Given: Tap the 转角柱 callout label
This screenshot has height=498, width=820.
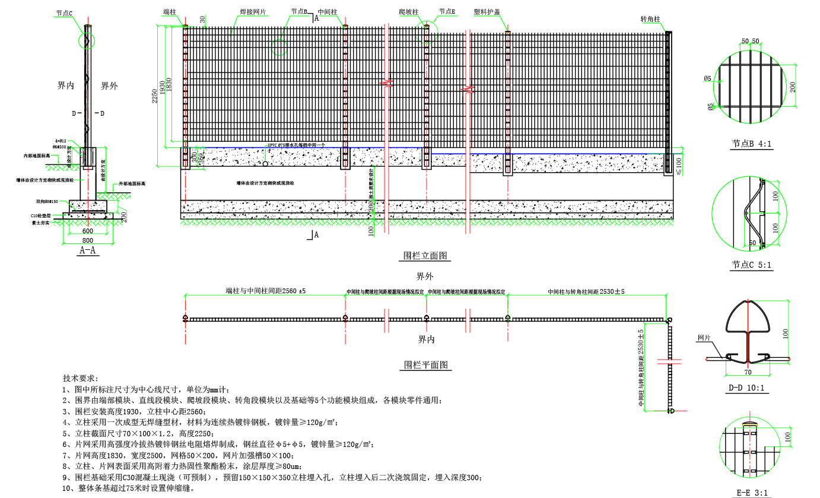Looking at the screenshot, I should (x=650, y=20).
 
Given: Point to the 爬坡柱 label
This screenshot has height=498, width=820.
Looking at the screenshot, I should (x=409, y=11).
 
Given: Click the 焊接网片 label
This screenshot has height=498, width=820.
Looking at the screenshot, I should (x=253, y=11).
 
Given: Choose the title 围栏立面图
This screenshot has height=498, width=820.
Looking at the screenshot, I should (x=425, y=256).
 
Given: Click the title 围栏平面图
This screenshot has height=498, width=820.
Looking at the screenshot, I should (x=425, y=364).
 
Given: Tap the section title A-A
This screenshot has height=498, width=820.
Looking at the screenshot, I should (x=88, y=250).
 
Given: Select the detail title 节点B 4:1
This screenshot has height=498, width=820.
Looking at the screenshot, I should (x=752, y=144).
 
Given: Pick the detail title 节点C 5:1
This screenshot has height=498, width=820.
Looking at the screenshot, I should (x=752, y=265).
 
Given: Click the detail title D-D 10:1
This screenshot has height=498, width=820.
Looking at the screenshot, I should (x=746, y=388).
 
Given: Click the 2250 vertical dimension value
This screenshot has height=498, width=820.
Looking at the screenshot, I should (x=155, y=97).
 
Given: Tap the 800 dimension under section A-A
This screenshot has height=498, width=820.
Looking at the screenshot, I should (x=88, y=240).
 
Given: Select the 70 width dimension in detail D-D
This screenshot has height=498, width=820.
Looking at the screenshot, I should (x=747, y=372).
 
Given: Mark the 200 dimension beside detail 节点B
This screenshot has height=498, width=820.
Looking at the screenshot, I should (x=792, y=86).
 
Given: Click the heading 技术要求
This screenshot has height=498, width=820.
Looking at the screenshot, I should (x=81, y=378).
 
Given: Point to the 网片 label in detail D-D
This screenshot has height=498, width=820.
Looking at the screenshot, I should (x=704, y=338).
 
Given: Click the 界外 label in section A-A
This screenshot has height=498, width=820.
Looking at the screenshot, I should (x=109, y=86).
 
